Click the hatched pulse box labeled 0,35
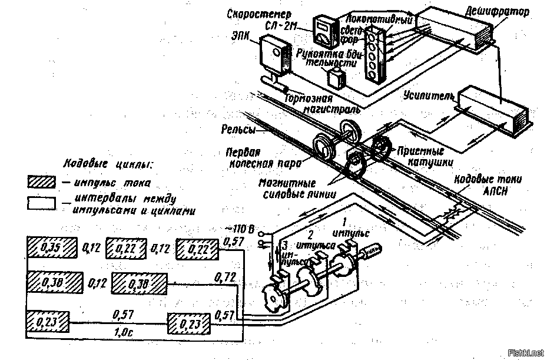(x=52, y=247)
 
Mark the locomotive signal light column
(x=373, y=55)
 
